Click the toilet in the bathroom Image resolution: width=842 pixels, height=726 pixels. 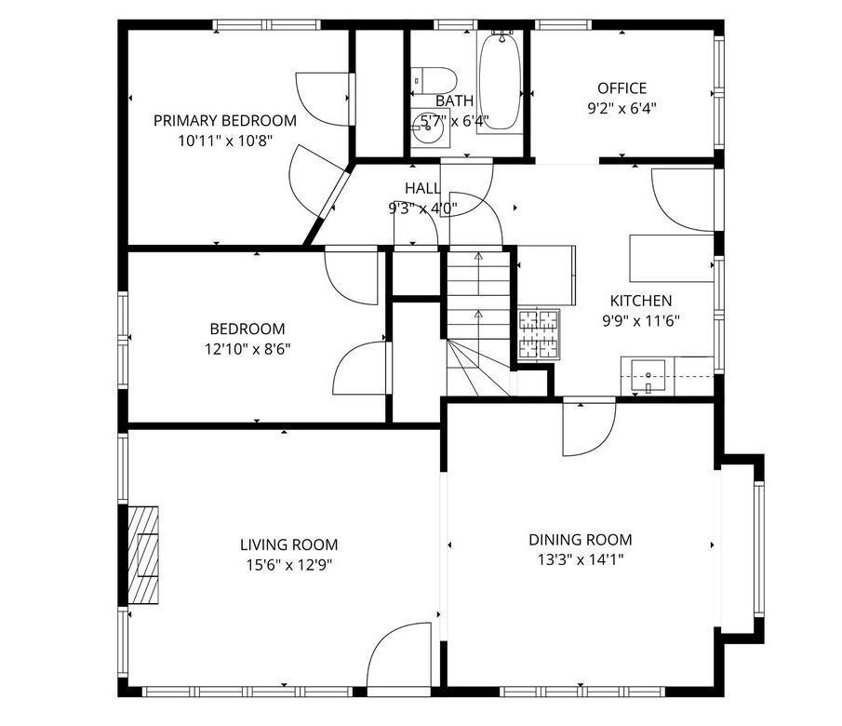[x=434, y=80]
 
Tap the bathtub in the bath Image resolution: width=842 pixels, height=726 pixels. [x=500, y=81]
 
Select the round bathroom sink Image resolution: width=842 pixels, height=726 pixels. [x=431, y=128]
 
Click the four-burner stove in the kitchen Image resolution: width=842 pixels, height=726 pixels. [x=539, y=334]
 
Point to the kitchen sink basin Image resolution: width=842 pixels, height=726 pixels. [x=648, y=375]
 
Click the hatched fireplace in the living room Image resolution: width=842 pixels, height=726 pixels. [x=143, y=555]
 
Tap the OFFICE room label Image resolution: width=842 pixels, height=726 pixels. [x=621, y=88]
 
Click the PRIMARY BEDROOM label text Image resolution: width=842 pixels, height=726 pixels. [x=225, y=120]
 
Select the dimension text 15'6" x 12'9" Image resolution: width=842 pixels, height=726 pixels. [x=289, y=565]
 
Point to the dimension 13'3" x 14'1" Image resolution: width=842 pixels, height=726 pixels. [x=581, y=560]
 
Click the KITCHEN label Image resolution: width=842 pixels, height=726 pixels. [x=641, y=301]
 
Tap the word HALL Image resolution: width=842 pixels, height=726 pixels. [x=422, y=188]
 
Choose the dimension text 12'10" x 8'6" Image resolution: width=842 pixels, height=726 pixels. [x=247, y=349]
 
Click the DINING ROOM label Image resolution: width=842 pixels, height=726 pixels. [x=581, y=540]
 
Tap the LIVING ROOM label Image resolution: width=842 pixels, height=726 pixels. [x=289, y=544]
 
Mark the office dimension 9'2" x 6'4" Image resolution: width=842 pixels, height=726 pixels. [x=621, y=109]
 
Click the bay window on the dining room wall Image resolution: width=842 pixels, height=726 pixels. [x=758, y=548]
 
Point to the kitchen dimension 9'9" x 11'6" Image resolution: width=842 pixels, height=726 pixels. [x=641, y=321]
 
